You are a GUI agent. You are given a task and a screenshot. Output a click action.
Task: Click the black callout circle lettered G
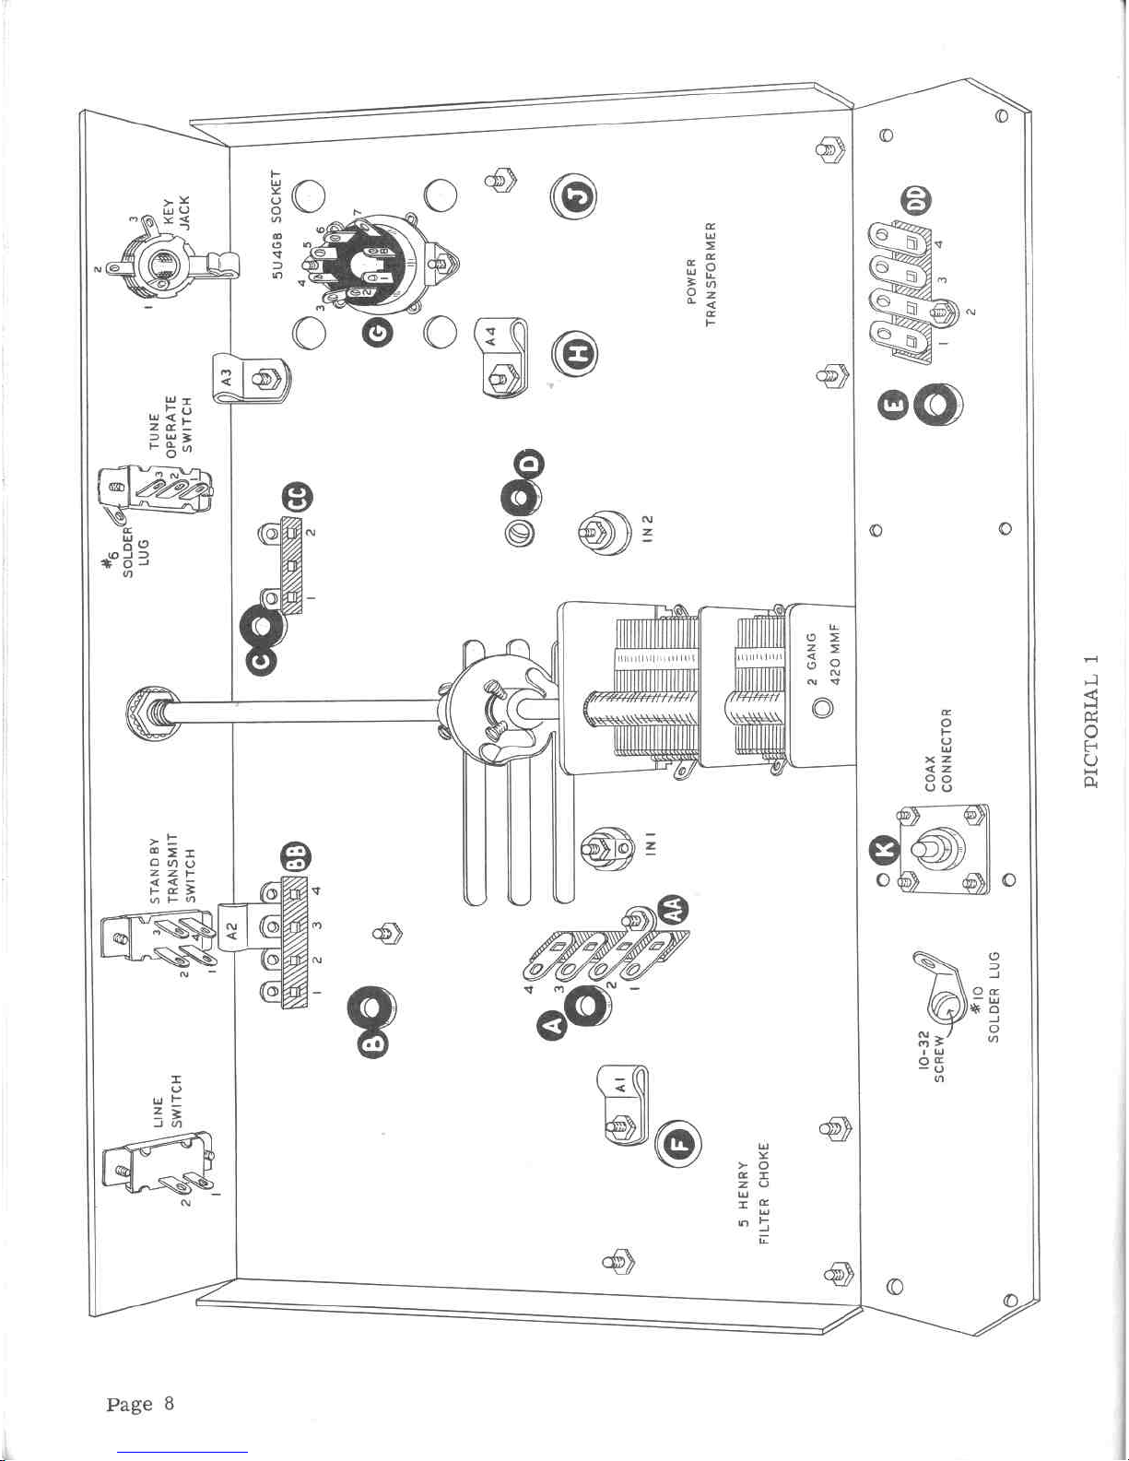tap(381, 332)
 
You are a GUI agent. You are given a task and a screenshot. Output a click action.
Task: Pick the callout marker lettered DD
tap(917, 199)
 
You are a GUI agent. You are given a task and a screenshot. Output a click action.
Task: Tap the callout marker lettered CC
tap(299, 498)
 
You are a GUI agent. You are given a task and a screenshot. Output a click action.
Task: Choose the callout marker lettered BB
tap(298, 856)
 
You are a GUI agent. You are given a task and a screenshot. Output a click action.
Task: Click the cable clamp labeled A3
tap(250, 378)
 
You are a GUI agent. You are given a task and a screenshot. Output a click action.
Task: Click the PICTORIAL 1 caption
tap(1092, 720)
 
